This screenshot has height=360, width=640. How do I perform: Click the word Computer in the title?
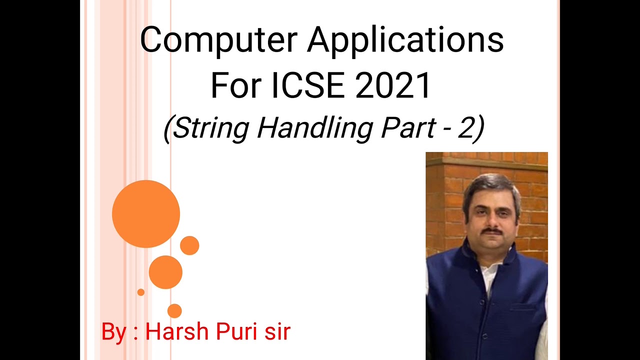[219, 40]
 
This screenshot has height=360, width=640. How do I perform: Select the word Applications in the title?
[405, 40]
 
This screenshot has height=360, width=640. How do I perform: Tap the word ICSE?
[308, 85]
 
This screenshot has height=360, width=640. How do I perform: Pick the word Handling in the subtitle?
[315, 128]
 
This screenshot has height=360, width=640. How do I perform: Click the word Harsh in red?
[177, 331]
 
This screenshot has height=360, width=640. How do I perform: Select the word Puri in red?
[237, 331]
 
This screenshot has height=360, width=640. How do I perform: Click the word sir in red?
[278, 332]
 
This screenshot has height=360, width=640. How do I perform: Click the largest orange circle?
[146, 213]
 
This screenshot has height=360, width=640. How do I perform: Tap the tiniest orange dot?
[141, 292]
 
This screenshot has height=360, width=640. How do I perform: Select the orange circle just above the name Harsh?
[174, 311]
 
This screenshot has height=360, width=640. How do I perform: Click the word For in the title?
[236, 85]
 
